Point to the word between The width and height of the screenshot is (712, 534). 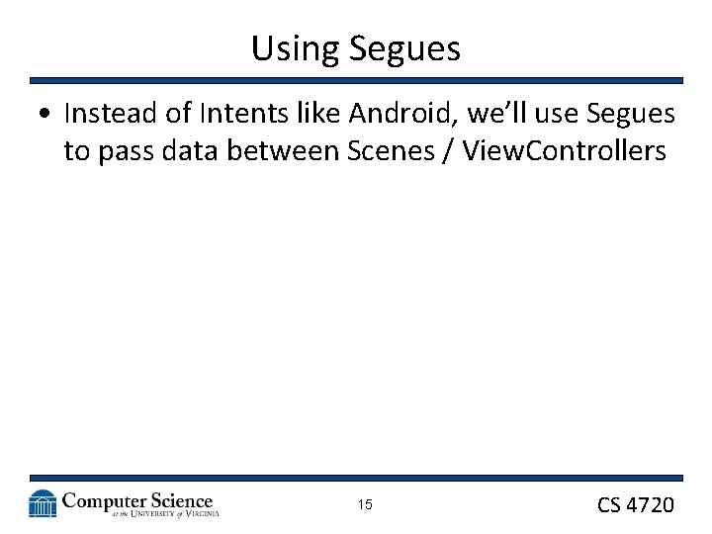(x=284, y=151)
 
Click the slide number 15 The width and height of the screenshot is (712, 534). (x=365, y=505)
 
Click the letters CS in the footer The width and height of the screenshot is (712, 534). (x=609, y=505)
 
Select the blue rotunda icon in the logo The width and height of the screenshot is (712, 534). (x=43, y=503)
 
